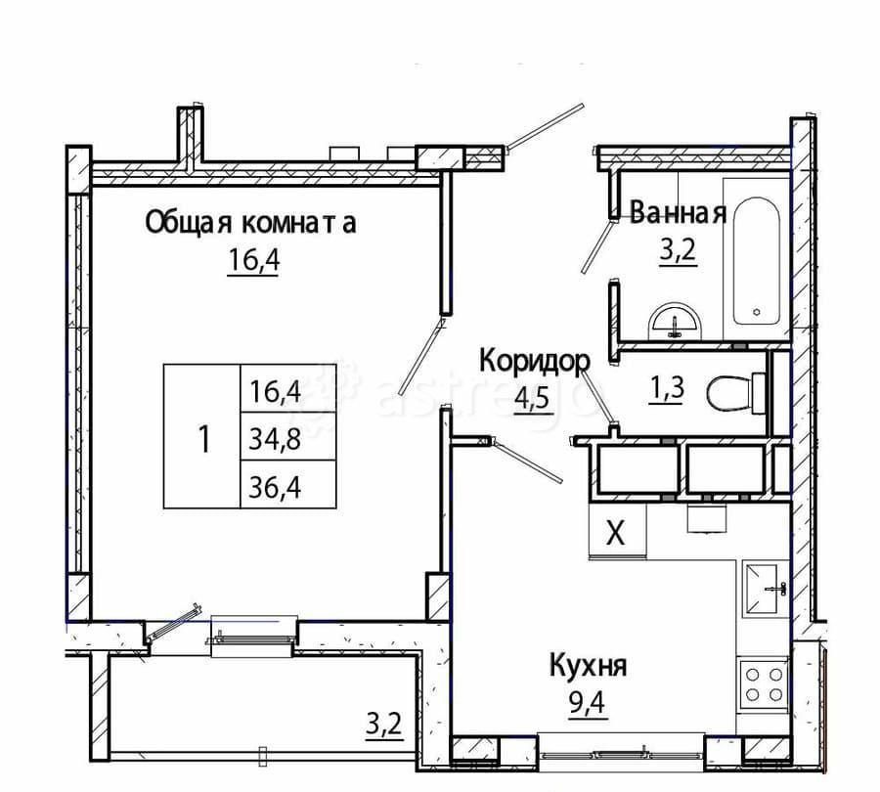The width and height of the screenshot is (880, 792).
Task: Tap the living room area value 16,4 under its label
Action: point(252,262)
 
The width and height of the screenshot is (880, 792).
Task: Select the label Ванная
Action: point(678,212)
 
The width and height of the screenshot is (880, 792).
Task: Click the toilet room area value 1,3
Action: point(667,389)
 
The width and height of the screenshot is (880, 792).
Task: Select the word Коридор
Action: point(534,361)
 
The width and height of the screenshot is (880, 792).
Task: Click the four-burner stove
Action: point(764,682)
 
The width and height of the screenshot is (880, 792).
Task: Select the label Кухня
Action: point(587,667)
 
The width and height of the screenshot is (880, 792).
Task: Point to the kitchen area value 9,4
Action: point(586,704)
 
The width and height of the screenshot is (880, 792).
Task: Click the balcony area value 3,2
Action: point(383,725)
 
